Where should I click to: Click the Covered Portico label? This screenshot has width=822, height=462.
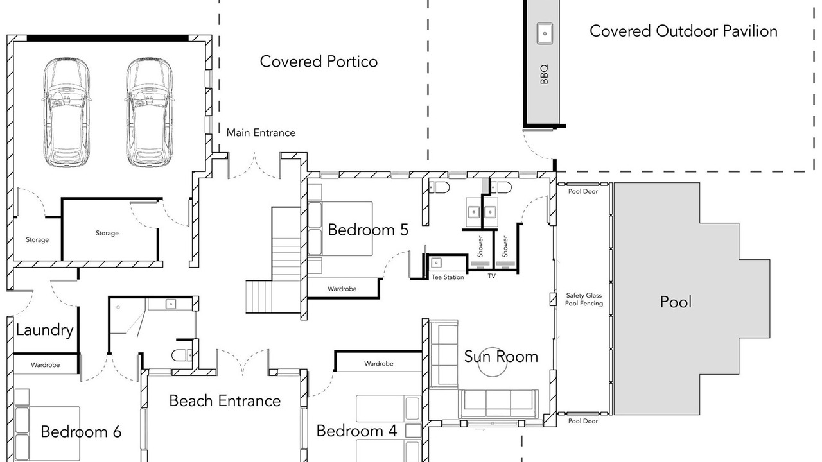319,62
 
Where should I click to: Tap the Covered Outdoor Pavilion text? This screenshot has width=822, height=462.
683,31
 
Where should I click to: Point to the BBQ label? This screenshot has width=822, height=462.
544,74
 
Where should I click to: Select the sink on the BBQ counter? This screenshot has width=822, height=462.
545,33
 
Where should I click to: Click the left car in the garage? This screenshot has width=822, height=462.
66,112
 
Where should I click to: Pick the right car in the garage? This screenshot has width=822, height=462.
150,112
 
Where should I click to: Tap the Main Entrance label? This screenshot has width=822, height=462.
261,133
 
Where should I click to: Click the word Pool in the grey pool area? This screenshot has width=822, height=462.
676,302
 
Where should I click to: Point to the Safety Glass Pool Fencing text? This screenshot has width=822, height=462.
584,299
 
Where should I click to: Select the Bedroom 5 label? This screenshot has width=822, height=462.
368,230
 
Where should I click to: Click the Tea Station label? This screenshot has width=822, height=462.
448,277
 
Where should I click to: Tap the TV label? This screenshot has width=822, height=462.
492,276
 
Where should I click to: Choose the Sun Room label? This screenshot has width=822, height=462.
501,356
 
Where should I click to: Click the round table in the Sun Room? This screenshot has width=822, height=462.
492,363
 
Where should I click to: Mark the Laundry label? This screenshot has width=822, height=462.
44,330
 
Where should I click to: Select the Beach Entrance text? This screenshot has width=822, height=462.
225,401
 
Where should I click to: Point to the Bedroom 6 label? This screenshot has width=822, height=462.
81,432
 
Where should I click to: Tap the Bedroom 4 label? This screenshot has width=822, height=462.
356,431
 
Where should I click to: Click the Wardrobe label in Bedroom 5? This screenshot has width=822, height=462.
342,289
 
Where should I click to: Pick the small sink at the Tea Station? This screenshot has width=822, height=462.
436,263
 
